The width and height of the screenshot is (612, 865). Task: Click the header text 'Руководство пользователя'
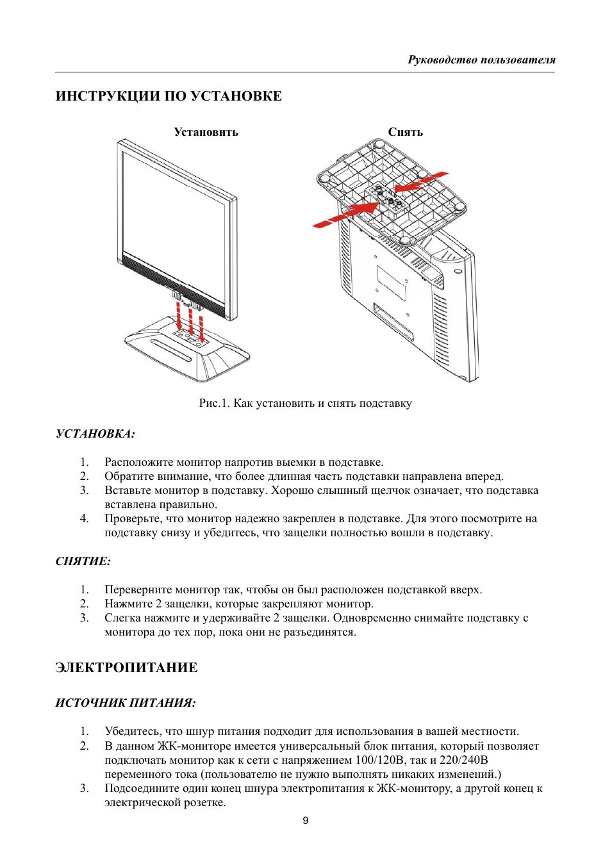pyautogui.click(x=481, y=60)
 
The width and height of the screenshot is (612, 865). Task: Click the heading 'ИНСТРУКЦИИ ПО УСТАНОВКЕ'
pyautogui.click(x=169, y=96)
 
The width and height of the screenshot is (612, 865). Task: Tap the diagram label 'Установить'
pyautogui.click(x=206, y=132)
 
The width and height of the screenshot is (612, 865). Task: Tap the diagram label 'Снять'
pyautogui.click(x=405, y=132)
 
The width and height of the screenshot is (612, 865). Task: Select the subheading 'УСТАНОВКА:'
pyautogui.click(x=95, y=434)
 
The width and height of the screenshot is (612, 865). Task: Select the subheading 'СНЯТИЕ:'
pyautogui.click(x=83, y=561)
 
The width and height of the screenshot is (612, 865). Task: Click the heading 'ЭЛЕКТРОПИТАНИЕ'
pyautogui.click(x=126, y=668)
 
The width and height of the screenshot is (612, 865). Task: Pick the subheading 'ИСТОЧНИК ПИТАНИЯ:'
pyautogui.click(x=126, y=703)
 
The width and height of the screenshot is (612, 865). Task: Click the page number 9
pyautogui.click(x=306, y=821)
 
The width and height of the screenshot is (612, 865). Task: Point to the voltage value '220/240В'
pyautogui.click(x=459, y=761)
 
